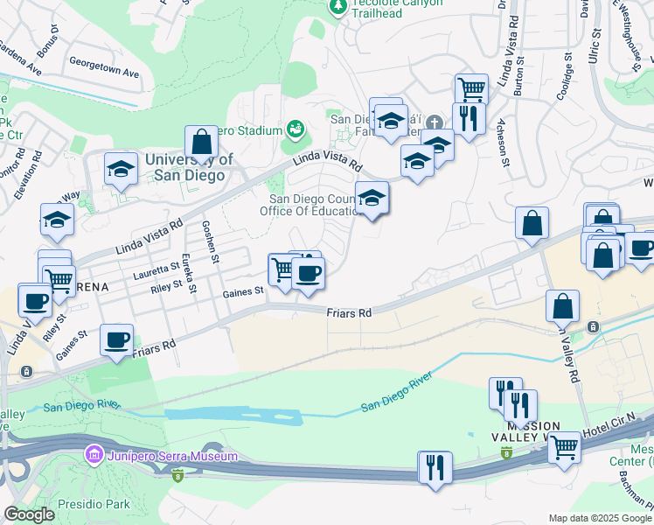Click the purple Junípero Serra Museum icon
coord(93,456)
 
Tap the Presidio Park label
coord(94,504)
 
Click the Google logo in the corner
coord(29,514)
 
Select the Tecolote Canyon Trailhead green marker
coord(338,6)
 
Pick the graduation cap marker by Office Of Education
coord(372,198)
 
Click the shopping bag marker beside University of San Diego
coord(201,142)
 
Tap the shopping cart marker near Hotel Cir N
coord(564,447)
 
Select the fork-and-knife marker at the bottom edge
coord(435,466)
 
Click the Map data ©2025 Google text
coord(600,518)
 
